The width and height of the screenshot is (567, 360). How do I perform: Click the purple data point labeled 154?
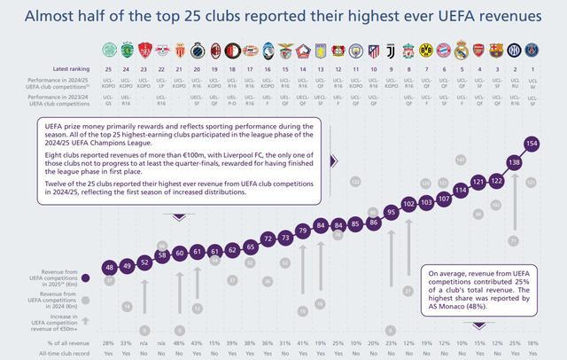coord(532,143)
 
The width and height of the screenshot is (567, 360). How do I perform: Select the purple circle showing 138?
coord(514,162)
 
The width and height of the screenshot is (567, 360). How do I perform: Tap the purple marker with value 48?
coord(109,267)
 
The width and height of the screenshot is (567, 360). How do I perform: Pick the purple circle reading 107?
coord(444,199)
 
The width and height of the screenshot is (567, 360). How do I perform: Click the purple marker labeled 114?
coord(461,190)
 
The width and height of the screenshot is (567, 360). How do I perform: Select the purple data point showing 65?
coord(250,247)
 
